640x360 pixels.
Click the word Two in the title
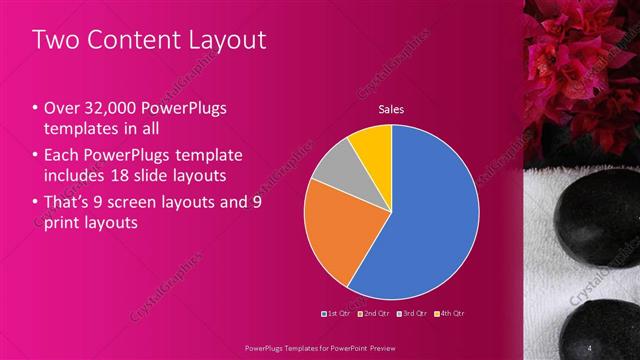(x=51, y=40)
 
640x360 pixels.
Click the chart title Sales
(x=390, y=109)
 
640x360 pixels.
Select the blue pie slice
(x=420, y=230)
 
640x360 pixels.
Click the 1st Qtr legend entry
(x=335, y=313)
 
